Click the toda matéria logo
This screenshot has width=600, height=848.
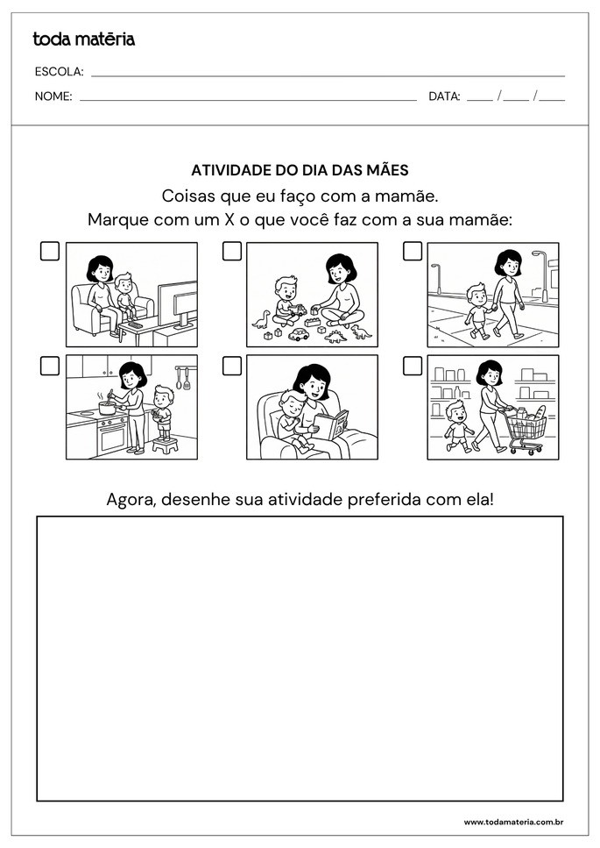(83, 39)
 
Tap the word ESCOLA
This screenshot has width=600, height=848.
(59, 72)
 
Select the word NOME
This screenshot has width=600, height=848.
(53, 96)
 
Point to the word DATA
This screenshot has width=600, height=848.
(444, 96)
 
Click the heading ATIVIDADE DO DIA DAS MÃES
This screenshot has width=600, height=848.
(300, 171)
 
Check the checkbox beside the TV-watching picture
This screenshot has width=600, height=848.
(50, 252)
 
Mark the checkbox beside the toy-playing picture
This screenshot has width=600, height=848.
(231, 252)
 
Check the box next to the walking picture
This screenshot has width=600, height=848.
(413, 252)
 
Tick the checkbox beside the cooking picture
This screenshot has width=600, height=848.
(50, 366)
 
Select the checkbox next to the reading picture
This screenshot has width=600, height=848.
(231, 366)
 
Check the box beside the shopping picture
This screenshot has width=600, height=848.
(413, 366)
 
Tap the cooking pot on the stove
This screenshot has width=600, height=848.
(108, 408)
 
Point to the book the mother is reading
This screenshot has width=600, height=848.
(331, 426)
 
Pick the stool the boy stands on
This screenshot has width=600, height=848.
(165, 445)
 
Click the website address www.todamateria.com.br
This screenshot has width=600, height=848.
(512, 823)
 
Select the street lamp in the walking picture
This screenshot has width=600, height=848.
(538, 263)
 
